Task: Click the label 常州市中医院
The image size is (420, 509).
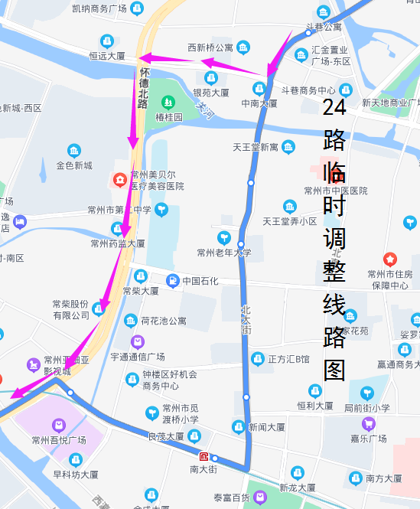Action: pos(336,191)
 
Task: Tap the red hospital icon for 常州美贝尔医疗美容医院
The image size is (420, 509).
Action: pos(119,181)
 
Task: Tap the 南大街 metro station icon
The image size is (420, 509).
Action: pos(203,457)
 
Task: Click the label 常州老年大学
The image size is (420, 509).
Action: pos(223,253)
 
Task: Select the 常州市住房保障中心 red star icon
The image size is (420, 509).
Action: pos(390,259)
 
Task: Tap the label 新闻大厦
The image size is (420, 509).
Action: pos(266,427)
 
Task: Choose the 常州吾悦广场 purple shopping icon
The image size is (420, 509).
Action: pos(58,425)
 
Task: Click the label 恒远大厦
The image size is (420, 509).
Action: pos(106,56)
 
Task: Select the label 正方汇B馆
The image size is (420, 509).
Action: pos(288,359)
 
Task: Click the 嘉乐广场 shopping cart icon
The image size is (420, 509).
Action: pos(369,423)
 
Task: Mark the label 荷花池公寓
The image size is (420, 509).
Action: pos(163,321)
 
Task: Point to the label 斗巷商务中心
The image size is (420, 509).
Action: pos(308,90)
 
